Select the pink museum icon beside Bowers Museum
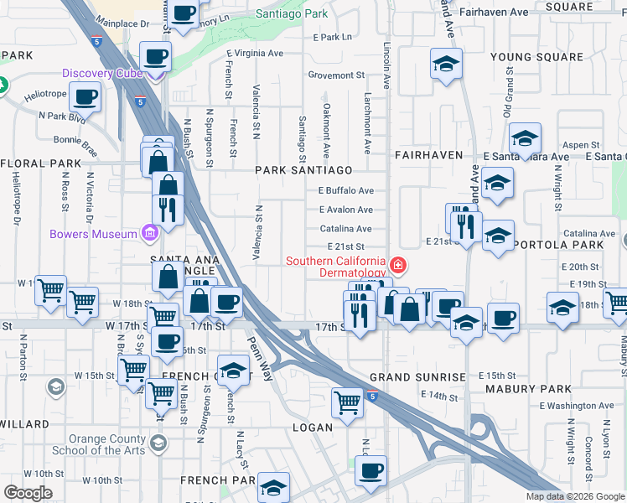(149, 232)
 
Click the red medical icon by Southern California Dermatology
(398, 267)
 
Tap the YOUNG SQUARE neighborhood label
(536, 57)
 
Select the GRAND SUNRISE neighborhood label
(417, 377)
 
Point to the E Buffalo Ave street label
(345, 190)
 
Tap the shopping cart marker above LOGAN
(347, 402)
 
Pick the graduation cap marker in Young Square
(447, 63)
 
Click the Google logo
(28, 493)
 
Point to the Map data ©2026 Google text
(576, 496)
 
